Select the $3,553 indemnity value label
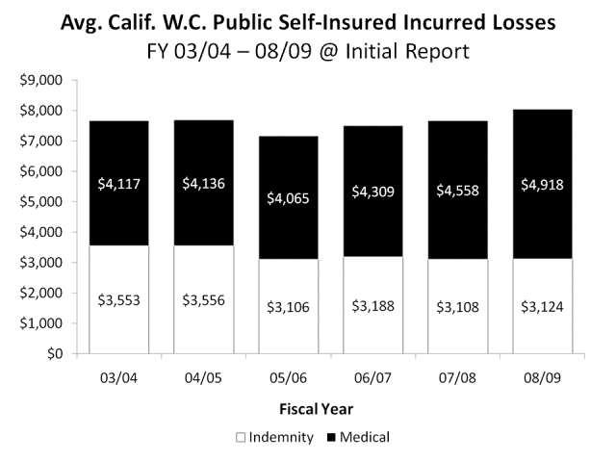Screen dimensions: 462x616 (x=118, y=299)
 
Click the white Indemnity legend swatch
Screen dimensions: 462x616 (x=243, y=437)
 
